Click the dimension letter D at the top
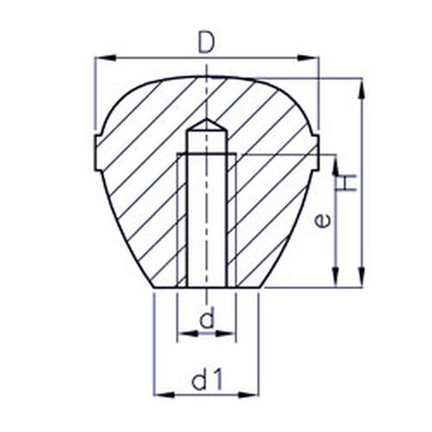point(207,43)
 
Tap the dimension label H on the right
point(346,183)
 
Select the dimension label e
point(323,221)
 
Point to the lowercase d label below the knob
point(207,317)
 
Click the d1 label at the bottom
point(207,380)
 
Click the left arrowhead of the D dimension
point(106,57)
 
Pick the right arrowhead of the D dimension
point(308,57)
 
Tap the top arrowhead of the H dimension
point(361,89)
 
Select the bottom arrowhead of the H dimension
point(361,277)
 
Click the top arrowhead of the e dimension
point(336,165)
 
